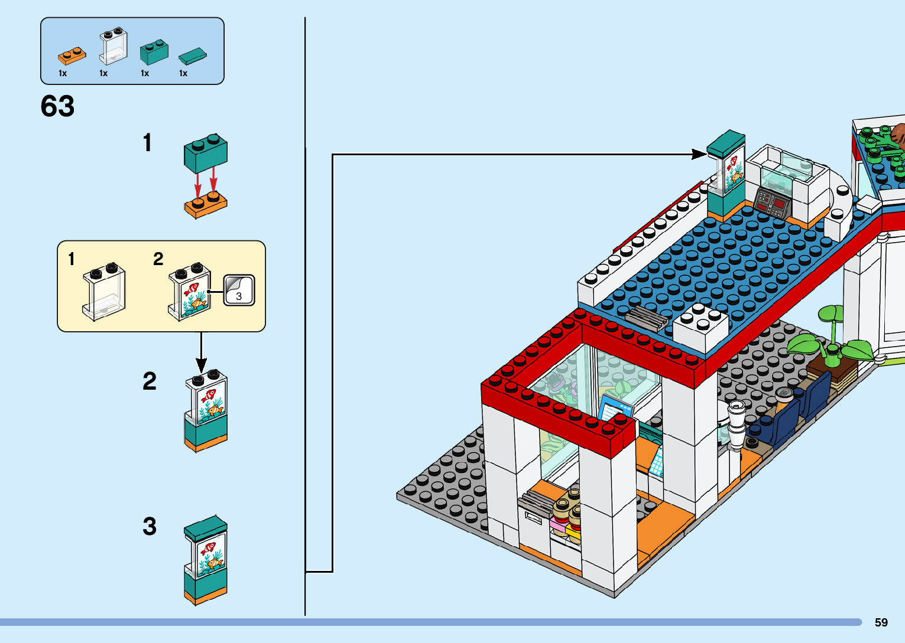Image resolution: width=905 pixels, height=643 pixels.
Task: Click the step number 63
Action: tap(57, 106)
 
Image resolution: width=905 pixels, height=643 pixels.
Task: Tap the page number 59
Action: tap(881, 622)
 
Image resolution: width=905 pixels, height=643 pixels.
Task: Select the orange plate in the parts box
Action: tap(72, 56)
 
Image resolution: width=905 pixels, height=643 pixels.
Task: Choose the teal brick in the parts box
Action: tap(154, 52)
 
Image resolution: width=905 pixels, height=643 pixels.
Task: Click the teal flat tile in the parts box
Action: tap(193, 56)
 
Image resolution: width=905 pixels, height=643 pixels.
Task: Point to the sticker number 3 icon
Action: tap(239, 290)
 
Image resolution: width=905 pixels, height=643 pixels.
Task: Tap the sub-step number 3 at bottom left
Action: tap(150, 526)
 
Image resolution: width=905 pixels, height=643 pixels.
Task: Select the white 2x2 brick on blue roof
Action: tap(700, 326)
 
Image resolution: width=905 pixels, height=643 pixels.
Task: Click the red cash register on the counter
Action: tap(772, 204)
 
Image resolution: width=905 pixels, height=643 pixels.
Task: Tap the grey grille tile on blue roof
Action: tap(646, 317)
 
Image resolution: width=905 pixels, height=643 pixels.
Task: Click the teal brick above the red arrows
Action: tap(206, 152)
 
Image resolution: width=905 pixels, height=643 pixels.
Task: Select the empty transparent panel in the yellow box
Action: tap(104, 291)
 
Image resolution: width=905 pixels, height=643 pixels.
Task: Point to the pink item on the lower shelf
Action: tap(558, 524)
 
